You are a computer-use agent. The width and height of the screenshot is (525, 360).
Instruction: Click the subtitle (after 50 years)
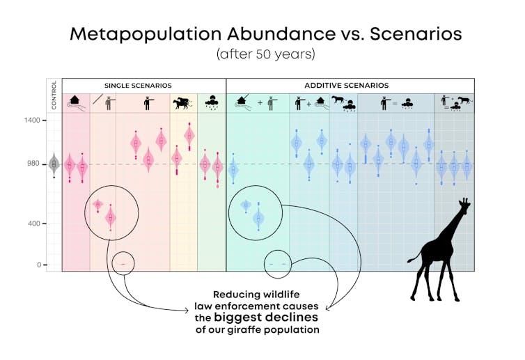tap(265, 54)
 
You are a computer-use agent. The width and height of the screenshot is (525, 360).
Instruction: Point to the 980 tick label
tap(33, 164)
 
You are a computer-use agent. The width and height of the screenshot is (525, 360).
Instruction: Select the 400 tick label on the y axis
tap(33, 224)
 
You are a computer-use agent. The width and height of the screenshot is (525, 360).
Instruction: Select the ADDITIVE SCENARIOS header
tap(346, 86)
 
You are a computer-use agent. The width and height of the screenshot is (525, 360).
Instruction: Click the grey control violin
tap(54, 164)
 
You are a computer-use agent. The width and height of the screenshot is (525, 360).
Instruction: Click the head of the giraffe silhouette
tap(463, 205)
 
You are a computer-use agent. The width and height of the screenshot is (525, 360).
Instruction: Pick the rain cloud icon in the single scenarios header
tap(210, 103)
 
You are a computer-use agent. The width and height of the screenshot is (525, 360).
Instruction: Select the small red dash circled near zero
tap(123, 265)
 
